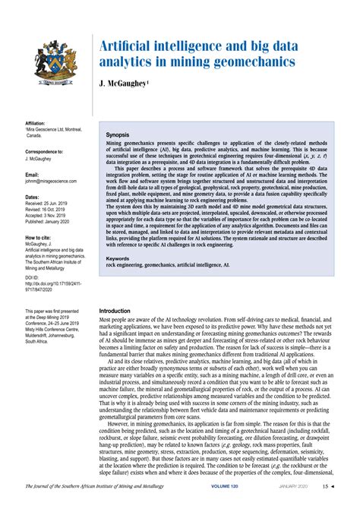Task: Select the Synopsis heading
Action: pos(118,134)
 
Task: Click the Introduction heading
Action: pos(120,311)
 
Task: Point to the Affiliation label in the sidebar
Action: pos(36,122)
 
